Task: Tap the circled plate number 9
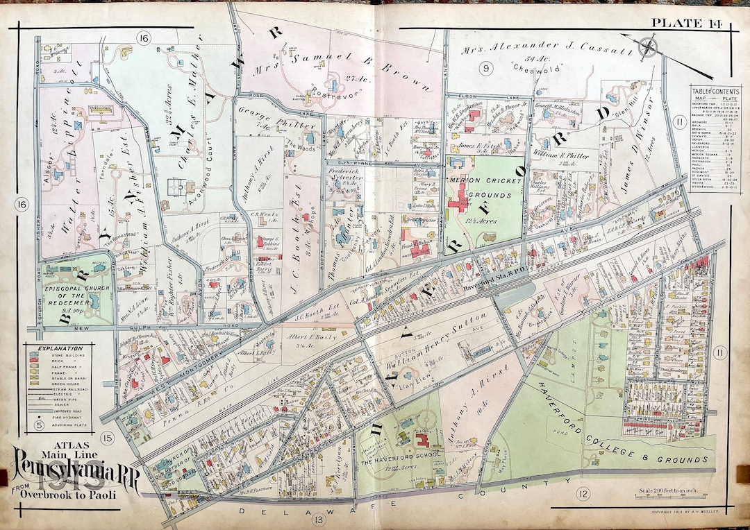point(485,68)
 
